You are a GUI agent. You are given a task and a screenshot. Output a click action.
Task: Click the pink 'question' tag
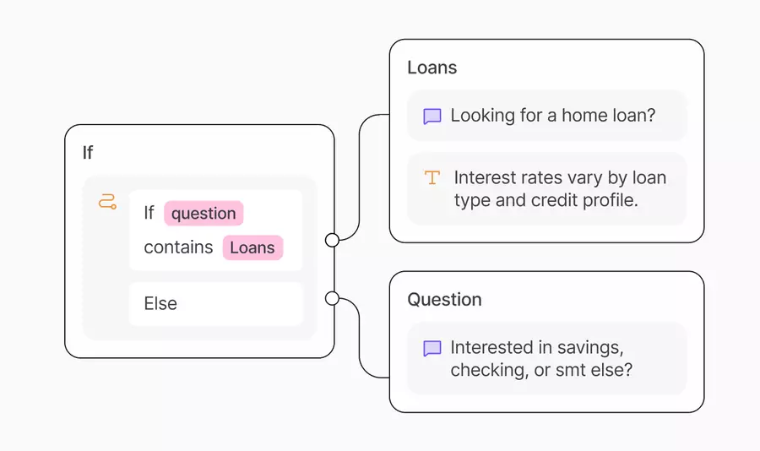204,214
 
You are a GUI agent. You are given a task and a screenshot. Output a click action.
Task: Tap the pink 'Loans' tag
252,247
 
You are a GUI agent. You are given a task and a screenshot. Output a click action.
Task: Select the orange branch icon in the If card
107,201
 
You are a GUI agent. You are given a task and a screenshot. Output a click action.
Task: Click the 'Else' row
215,303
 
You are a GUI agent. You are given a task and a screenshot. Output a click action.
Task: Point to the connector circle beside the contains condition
332,240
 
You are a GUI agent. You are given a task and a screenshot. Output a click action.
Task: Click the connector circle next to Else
332,298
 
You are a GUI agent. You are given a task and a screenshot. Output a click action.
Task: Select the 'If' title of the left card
88,153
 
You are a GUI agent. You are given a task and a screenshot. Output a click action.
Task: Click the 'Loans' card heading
432,68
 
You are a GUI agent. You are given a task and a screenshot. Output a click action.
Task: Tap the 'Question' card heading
444,300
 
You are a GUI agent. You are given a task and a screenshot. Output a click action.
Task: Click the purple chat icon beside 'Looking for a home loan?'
432,117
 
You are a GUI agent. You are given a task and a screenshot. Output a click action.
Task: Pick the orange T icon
432,177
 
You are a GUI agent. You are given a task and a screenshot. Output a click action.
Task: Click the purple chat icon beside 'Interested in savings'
432,348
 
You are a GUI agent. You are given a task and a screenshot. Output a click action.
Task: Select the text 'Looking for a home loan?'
553,116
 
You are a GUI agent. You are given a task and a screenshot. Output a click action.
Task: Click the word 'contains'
178,247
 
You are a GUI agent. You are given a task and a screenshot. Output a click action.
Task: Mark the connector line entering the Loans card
359,177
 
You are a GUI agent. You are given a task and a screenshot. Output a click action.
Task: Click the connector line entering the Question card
359,338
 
